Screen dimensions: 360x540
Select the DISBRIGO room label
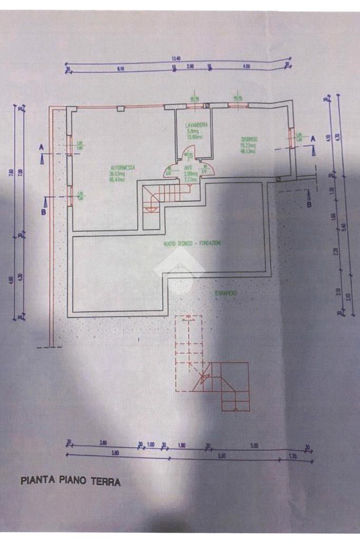(248, 140)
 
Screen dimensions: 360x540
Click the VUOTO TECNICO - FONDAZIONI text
(192, 243)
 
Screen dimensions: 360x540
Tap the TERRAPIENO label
(226, 293)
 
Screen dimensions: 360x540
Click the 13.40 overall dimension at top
(176, 58)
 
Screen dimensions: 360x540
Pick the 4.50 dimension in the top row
(246, 67)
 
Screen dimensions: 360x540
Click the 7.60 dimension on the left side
(12, 172)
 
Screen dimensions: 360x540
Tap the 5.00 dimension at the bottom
(254, 446)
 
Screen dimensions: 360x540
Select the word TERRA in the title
(107, 482)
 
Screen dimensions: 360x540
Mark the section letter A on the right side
(313, 138)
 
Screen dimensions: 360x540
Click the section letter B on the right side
(309, 204)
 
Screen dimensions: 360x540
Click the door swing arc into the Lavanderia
(188, 155)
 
